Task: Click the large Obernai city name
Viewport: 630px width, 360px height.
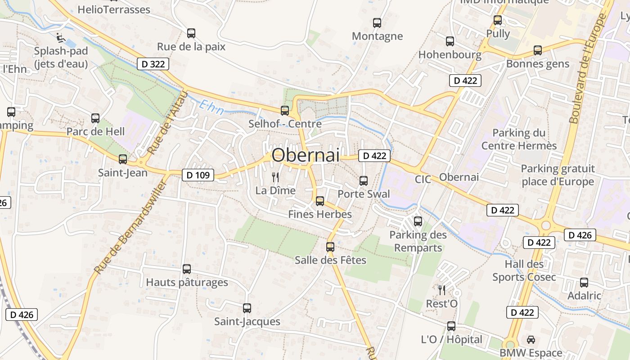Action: (306, 155)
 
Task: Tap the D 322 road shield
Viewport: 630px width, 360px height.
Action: (153, 64)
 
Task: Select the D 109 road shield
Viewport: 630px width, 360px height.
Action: (198, 175)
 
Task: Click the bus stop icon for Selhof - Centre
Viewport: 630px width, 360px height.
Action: (285, 110)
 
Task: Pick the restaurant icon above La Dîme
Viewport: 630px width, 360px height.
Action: (275, 177)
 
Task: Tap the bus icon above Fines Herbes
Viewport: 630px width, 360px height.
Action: (320, 201)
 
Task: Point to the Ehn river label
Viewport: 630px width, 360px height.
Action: (211, 108)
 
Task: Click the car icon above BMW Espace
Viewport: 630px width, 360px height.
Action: (531, 340)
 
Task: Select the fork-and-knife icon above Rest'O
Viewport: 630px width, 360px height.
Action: (442, 290)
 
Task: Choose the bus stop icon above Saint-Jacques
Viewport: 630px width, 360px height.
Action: (247, 308)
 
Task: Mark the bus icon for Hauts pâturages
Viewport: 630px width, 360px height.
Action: (187, 269)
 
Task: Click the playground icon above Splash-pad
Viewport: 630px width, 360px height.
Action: (61, 37)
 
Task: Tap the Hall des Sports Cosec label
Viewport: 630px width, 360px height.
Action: (524, 270)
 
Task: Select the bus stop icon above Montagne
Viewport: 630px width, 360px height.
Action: (377, 22)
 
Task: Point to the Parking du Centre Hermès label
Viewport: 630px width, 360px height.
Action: (519, 139)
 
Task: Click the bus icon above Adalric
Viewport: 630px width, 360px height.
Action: (584, 283)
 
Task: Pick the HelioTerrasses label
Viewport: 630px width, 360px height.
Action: (114, 9)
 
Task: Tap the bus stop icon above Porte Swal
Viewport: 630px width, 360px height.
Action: (364, 181)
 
